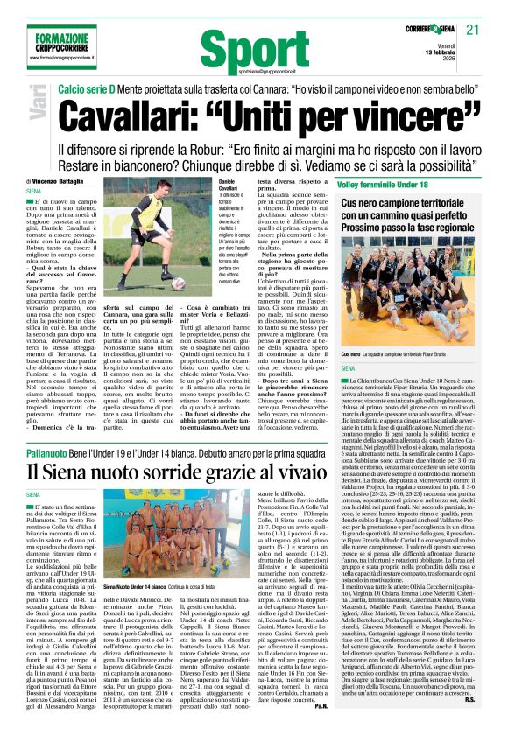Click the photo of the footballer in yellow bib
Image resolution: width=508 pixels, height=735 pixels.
(140, 239)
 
